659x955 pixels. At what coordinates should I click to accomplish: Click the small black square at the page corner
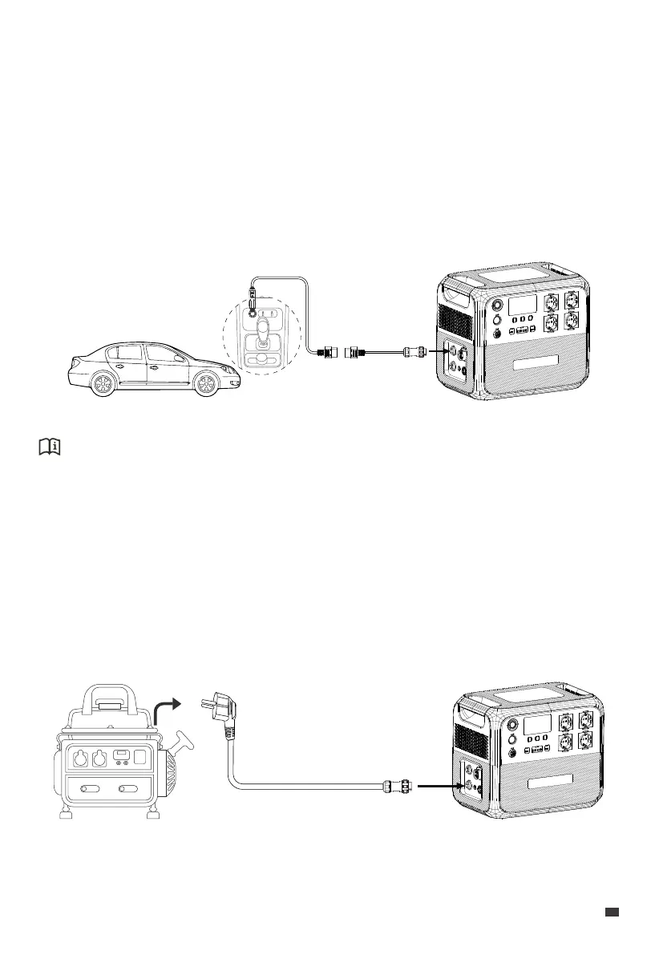[612, 912]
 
